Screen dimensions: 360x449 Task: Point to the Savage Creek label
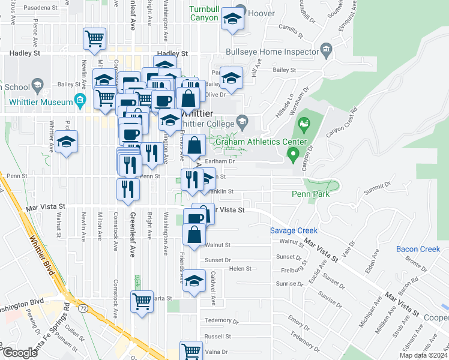point(293,230)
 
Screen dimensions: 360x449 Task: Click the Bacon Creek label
point(418,249)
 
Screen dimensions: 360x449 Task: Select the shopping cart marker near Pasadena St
point(95,39)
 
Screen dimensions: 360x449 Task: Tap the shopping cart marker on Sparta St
point(142,301)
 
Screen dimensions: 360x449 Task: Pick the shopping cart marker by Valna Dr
point(191,350)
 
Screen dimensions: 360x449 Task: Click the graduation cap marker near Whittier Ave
point(67,142)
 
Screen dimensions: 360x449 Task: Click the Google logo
point(20,353)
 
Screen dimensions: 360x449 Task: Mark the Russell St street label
point(217,337)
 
